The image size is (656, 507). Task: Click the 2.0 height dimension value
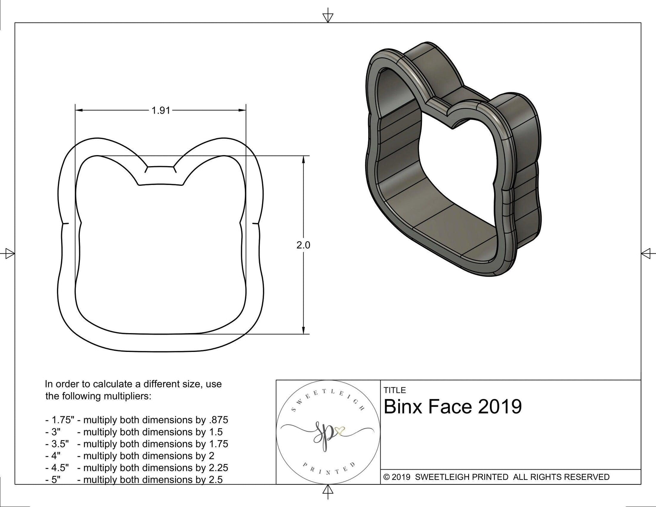(303, 245)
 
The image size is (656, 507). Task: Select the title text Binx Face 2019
(453, 407)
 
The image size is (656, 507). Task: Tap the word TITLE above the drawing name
(394, 390)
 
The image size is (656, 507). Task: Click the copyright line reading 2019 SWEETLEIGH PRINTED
(496, 477)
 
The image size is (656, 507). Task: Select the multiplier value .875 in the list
(219, 420)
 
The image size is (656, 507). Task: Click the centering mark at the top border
(328, 17)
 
